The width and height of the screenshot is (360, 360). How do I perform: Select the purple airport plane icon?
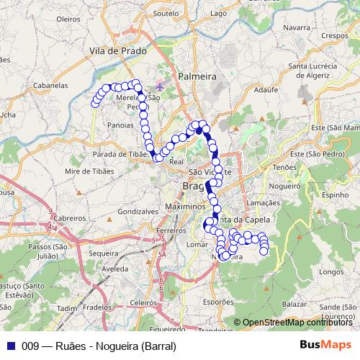coord(159,88)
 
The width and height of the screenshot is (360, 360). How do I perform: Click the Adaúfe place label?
coord(266,91)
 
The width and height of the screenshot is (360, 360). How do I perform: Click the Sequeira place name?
coord(104,253)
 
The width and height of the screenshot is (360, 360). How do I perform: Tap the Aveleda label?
coord(114,269)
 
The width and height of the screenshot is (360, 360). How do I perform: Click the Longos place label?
coord(331,272)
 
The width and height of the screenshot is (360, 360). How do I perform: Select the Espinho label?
coord(335,194)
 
